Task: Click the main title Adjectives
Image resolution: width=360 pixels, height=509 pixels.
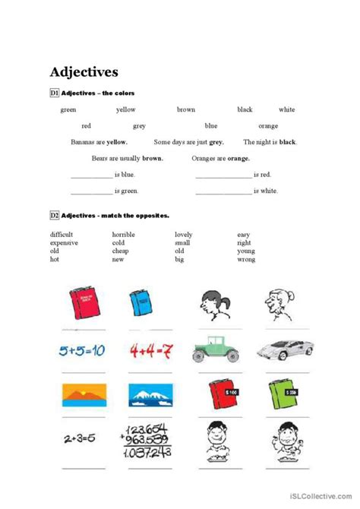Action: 84,73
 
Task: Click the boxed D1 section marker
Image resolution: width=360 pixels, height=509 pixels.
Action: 55,93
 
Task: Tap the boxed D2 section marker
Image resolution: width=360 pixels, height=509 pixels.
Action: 55,216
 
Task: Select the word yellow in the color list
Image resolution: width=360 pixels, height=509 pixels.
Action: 126,109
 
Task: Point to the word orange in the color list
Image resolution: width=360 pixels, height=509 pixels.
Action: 268,126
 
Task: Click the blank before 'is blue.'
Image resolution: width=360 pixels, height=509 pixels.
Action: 90,175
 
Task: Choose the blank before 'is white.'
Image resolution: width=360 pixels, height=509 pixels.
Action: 223,192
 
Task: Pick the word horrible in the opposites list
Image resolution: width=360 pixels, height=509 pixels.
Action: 124,235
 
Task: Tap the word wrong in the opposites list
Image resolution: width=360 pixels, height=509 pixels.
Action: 245,260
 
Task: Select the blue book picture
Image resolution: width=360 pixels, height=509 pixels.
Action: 141,304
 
